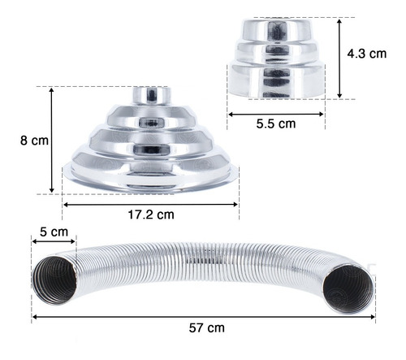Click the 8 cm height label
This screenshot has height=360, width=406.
pos(34,141)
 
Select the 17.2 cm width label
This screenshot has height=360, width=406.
pos(151,215)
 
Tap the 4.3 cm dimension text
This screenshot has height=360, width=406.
pos(367,54)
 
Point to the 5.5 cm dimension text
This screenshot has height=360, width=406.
pos(276,124)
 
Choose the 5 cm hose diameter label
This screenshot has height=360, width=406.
pos(54,232)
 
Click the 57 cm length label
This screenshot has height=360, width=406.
pos(207,327)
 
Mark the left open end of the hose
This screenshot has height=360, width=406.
pos(55,280)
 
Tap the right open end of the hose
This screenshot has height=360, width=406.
pos(348,288)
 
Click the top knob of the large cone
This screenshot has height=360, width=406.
pos(152,95)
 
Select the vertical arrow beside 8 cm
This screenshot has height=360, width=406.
pos(52,141)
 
